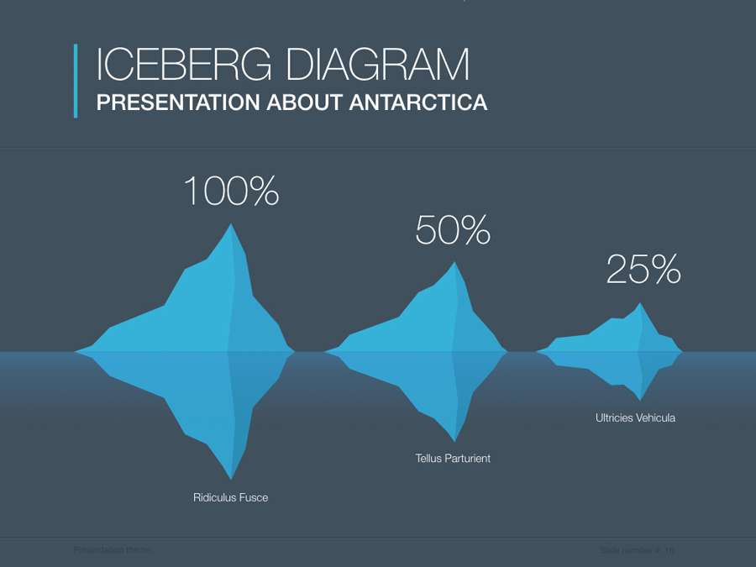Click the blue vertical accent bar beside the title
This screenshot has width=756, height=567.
76,81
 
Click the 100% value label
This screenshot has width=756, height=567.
231,192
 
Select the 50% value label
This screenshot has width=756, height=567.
453,230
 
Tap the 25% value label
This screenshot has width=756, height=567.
643,270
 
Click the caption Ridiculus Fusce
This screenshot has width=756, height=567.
231,497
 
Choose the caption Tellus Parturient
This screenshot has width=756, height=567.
453,459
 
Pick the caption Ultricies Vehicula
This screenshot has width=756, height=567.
635,417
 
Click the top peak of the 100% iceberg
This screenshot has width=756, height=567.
231,225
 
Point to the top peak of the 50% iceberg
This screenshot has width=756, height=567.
455,264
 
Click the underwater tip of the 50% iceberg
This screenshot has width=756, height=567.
454,439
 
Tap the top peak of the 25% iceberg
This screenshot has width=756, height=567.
640,304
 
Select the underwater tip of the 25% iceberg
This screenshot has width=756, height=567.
640,399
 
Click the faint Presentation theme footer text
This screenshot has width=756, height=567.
113,550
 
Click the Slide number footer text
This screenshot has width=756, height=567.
637,550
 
